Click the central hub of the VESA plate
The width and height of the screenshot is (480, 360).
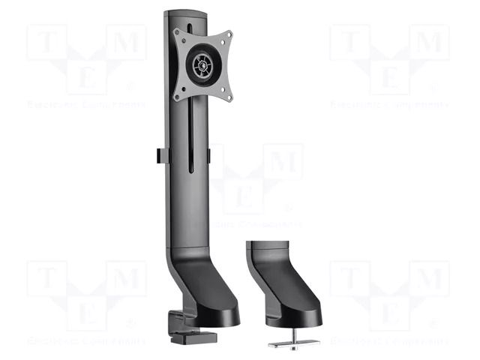[x=202, y=64]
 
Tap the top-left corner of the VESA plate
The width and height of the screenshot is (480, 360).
[x=178, y=32]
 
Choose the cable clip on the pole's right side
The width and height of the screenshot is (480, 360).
[x=209, y=154]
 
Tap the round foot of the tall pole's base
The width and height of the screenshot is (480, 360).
[x=214, y=315]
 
